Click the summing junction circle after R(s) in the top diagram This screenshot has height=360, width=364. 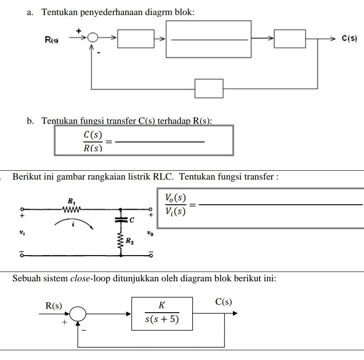coord(93,38)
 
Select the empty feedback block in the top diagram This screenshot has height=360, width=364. coord(209,88)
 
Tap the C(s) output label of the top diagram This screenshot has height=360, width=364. coord(349,39)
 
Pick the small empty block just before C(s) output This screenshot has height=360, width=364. coord(290,39)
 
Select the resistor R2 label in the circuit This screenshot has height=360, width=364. coord(129,241)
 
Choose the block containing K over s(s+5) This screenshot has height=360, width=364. coord(162,314)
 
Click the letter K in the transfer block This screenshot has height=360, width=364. coord(162,306)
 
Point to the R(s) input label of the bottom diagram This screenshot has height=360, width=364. coord(54,306)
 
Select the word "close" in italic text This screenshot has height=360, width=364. coord(79,279)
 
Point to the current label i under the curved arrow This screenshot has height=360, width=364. coord(74,225)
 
